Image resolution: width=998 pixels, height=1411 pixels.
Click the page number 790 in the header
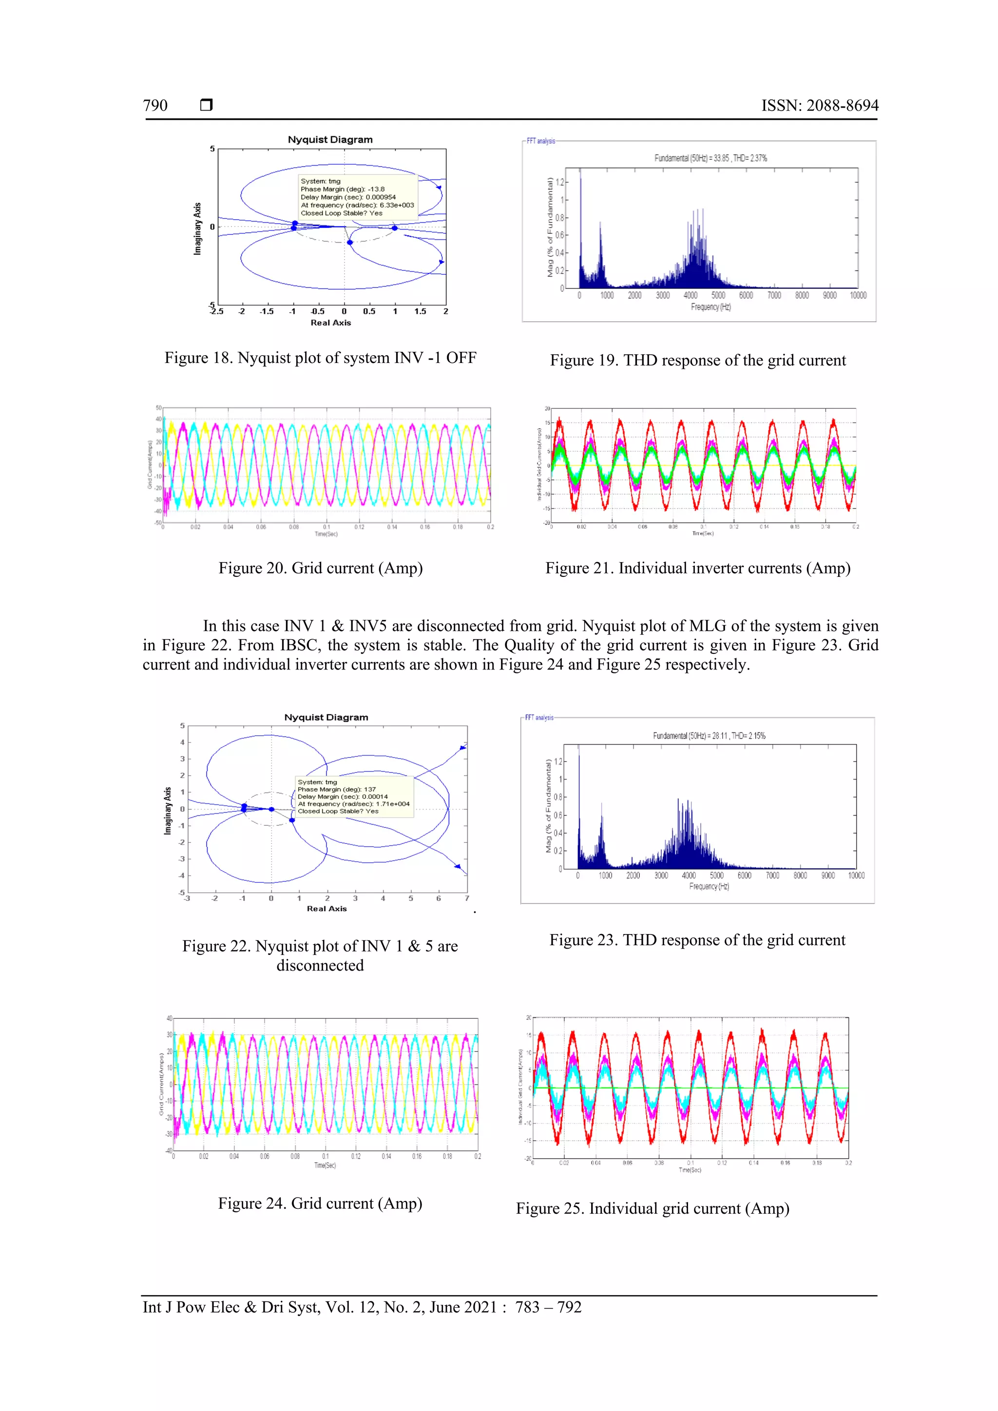point(155,106)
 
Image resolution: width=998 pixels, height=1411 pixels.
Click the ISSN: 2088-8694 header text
point(819,106)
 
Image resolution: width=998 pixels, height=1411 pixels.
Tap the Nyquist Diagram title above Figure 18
point(330,139)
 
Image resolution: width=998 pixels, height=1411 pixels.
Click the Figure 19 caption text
point(697,360)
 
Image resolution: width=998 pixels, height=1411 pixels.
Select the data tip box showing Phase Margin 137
point(354,797)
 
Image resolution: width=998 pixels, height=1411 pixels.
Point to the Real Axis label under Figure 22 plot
point(326,908)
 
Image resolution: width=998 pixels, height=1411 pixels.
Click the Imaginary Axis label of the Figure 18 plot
point(197,229)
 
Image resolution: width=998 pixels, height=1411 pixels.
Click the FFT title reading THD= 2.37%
point(710,158)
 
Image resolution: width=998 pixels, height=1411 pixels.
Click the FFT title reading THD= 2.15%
point(709,736)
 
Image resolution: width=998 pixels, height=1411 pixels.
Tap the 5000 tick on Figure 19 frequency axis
point(718,296)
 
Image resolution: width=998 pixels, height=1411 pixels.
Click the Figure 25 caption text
point(652,1208)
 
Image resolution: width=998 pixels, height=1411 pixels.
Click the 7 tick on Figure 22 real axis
point(466,898)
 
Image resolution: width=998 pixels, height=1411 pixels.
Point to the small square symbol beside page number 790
point(207,105)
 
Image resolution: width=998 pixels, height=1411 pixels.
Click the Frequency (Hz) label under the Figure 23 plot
point(709,886)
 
